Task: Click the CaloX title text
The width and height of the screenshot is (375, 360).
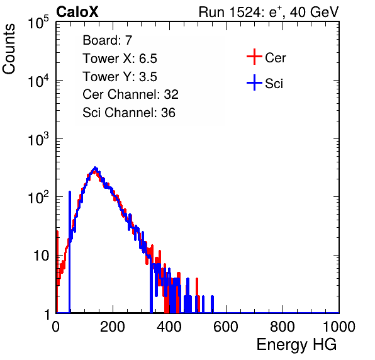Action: (x=77, y=12)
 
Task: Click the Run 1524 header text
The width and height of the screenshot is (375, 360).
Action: (x=269, y=12)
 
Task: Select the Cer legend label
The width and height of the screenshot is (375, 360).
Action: (x=275, y=58)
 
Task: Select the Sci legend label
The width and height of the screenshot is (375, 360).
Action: (x=274, y=84)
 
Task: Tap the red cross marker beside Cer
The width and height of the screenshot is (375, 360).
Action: (x=254, y=57)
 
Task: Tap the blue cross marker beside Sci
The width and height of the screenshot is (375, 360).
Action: (x=254, y=82)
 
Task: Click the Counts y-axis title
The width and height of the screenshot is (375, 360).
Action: (x=9, y=49)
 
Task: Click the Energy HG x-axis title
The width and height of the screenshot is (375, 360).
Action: (x=296, y=344)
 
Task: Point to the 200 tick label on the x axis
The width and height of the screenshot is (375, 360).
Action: (x=113, y=327)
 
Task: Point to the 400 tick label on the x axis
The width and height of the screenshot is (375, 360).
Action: (x=169, y=327)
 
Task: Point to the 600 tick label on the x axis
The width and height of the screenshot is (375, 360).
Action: (x=226, y=327)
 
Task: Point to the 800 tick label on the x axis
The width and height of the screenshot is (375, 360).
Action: (x=283, y=327)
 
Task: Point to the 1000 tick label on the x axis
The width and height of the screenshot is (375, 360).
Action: (x=339, y=327)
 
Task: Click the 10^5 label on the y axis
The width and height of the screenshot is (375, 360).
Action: (x=38, y=22)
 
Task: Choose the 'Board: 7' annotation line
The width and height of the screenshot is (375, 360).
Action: (x=108, y=40)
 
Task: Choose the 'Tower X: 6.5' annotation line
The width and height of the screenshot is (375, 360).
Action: (x=120, y=59)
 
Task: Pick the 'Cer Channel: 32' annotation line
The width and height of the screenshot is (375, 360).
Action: (x=131, y=94)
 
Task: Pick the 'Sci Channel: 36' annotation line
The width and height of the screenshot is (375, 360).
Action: (x=129, y=113)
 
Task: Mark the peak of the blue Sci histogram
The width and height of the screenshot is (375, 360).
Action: (x=95, y=167)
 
